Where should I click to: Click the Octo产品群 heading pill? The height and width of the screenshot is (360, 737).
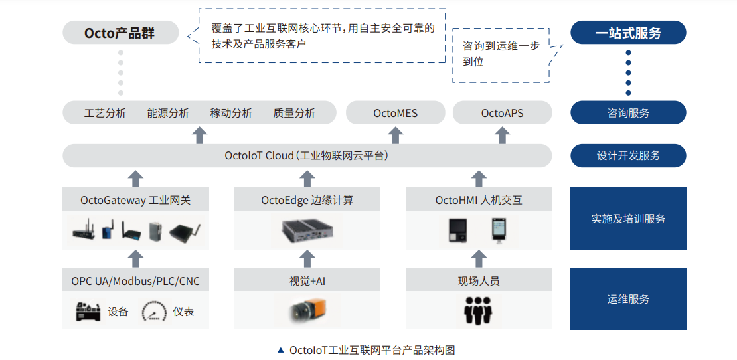[x=121, y=33]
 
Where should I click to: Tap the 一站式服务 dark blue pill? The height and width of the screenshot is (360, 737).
[x=628, y=33]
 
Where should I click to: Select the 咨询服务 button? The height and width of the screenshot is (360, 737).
[x=628, y=113]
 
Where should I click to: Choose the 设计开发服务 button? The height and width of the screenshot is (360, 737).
[x=628, y=155]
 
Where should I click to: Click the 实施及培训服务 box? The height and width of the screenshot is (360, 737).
[x=628, y=219]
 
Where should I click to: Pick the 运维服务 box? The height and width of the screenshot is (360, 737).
[x=628, y=299]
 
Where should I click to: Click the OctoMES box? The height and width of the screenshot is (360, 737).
[x=395, y=113]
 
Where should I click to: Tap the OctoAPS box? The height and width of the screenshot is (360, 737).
[x=502, y=113]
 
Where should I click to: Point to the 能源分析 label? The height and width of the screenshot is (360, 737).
[x=168, y=114]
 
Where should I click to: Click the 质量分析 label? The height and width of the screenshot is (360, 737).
[x=293, y=114]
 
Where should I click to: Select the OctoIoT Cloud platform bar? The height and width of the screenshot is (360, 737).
[x=307, y=155]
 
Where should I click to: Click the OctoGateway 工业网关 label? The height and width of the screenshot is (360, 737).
[x=135, y=200]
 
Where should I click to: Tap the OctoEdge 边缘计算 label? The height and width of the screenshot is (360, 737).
[x=307, y=200]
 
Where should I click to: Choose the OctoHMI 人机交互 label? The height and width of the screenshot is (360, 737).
[x=479, y=200]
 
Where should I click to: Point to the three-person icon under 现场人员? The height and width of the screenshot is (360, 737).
[x=478, y=310]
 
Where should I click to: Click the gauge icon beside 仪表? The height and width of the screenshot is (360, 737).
[x=155, y=311]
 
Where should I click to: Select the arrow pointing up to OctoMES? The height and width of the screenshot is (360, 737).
[x=395, y=134]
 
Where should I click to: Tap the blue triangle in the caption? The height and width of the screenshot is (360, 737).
[x=281, y=350]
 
